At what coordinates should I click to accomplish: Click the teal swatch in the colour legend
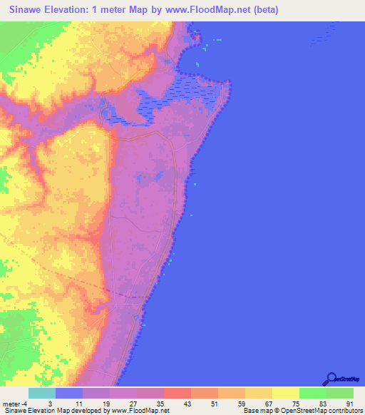[41, 393]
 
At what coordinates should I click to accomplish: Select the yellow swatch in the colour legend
[285, 393]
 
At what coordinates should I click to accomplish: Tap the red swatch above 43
[177, 393]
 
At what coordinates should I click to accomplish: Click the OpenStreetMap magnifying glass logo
[331, 379]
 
